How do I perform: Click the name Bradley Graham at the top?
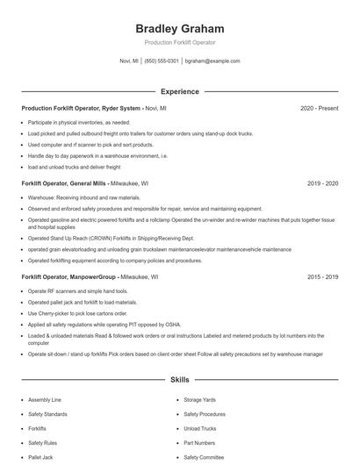tap(179, 28)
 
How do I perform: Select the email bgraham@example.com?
tap(212, 61)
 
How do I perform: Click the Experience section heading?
tap(179, 91)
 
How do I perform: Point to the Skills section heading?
tap(179, 380)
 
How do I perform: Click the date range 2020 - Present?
tap(319, 108)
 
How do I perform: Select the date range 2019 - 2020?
tap(322, 184)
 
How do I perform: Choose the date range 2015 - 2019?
tap(322, 276)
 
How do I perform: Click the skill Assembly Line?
tap(45, 399)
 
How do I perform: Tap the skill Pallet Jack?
tap(40, 457)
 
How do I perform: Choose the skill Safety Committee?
tap(205, 457)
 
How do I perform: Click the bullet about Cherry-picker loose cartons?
tap(77, 313)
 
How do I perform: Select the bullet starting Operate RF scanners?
tap(77, 290)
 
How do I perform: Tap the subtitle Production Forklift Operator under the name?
tap(179, 42)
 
